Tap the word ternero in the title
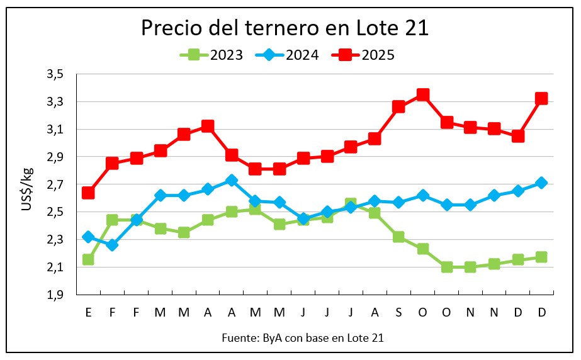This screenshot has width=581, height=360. (285, 28)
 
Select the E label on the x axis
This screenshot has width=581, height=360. (88, 312)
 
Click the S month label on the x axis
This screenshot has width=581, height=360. (398, 312)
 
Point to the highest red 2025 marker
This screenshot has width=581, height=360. (423, 95)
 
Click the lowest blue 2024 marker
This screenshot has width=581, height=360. (112, 245)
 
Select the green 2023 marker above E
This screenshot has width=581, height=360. (88, 259)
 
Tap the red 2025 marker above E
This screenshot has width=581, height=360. (88, 193)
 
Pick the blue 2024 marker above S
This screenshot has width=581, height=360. (398, 203)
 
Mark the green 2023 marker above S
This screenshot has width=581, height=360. (398, 237)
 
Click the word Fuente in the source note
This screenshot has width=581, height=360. (237, 338)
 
